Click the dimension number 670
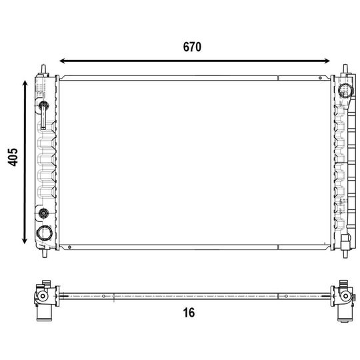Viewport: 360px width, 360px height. [192, 47]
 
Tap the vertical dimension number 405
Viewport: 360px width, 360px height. [13, 157]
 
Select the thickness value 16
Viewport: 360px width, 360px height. [189, 313]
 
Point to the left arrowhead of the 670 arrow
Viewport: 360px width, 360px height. [63, 61]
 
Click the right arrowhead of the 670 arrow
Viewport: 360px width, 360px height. [327, 61]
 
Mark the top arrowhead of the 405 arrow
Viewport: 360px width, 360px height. [25, 83]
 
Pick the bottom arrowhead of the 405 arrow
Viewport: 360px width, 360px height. [25, 241]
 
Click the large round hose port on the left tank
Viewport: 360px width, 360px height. [45, 233]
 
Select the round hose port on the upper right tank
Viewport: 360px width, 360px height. [345, 90]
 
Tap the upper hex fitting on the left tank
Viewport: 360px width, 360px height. [43, 105]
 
